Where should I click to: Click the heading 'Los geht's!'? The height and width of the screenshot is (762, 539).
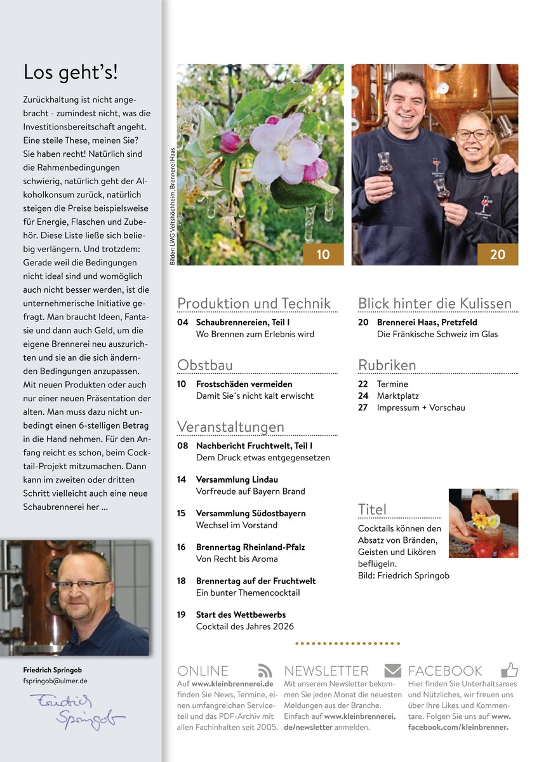click(70, 72)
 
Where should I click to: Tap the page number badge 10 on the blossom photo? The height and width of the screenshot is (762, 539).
click(323, 254)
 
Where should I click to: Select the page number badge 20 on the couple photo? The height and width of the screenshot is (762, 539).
click(498, 254)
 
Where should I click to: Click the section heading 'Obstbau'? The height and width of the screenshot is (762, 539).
click(205, 365)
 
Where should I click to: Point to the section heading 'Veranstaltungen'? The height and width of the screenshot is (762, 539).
click(230, 427)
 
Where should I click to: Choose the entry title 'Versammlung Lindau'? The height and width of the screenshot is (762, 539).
click(237, 479)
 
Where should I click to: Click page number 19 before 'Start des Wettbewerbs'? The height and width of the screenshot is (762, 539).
click(182, 615)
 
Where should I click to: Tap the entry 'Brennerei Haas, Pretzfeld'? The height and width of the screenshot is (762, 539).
click(427, 323)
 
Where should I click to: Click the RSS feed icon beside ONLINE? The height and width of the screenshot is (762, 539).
click(265, 670)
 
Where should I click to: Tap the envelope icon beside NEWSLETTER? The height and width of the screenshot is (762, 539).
click(392, 670)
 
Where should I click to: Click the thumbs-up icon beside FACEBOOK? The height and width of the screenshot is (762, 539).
click(509, 669)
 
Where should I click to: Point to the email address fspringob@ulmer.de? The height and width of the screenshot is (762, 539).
click(55, 681)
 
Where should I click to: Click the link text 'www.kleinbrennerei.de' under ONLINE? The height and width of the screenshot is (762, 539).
click(232, 684)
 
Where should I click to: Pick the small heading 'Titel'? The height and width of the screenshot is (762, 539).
click(372, 509)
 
